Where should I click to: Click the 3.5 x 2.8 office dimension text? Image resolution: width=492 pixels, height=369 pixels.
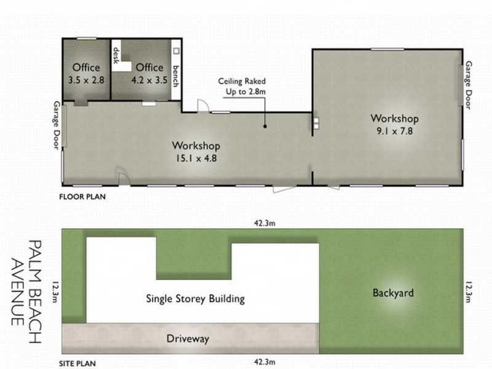coord(86,79)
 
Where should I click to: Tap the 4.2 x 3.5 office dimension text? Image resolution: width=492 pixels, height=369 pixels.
coord(149,79)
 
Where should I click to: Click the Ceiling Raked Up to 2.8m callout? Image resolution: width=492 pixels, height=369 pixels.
coord(242,86)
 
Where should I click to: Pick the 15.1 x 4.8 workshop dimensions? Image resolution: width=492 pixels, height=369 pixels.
coord(196,157)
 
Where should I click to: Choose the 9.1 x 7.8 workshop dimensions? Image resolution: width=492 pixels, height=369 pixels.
coord(394,130)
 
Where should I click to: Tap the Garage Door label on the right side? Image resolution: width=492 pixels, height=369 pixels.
coord(469,85)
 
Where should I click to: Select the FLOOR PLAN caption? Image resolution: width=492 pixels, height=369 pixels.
coord(82,197)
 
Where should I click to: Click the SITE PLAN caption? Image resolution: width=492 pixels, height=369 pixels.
coord(78,363)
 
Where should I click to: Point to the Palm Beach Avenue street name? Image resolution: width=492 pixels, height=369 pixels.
coord(26,283)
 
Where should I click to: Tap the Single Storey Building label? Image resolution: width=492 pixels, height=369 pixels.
coord(196,299)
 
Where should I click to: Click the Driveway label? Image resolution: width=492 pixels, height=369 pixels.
coord(188,338)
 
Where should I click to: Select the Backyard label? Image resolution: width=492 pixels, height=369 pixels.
coord(393,293)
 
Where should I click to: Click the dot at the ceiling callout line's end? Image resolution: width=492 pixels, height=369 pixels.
coord(265,126)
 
